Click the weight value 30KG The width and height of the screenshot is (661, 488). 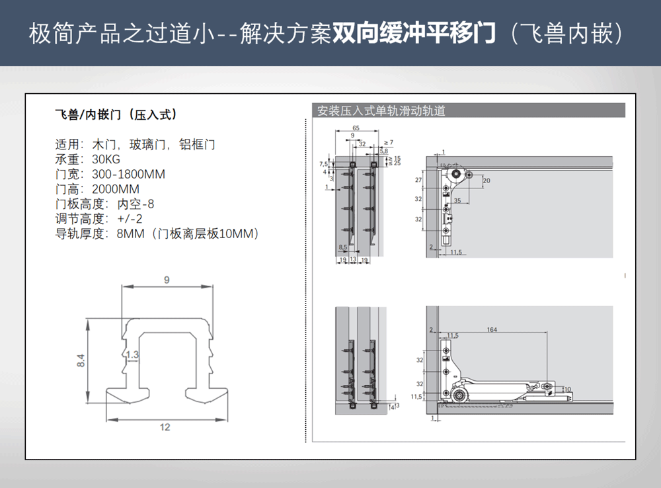[106, 159]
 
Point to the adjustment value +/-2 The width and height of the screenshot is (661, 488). [130, 219]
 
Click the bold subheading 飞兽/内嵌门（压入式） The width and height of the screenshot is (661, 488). [116, 114]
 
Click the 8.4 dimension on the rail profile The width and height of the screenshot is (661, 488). [81, 361]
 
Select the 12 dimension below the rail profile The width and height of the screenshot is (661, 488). [165, 427]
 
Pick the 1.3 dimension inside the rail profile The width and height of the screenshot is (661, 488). [132, 355]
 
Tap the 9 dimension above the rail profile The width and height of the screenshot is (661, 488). [167, 280]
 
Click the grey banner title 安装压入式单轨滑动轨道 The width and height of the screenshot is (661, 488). [381, 111]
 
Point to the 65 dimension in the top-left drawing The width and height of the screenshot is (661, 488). [356, 128]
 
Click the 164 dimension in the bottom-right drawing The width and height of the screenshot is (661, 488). [491, 329]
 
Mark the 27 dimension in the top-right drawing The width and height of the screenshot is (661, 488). [418, 180]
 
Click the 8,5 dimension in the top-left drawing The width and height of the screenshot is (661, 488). [342, 247]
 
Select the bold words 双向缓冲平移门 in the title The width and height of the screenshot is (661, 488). [414, 33]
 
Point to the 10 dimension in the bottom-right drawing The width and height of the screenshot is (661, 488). [566, 389]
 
